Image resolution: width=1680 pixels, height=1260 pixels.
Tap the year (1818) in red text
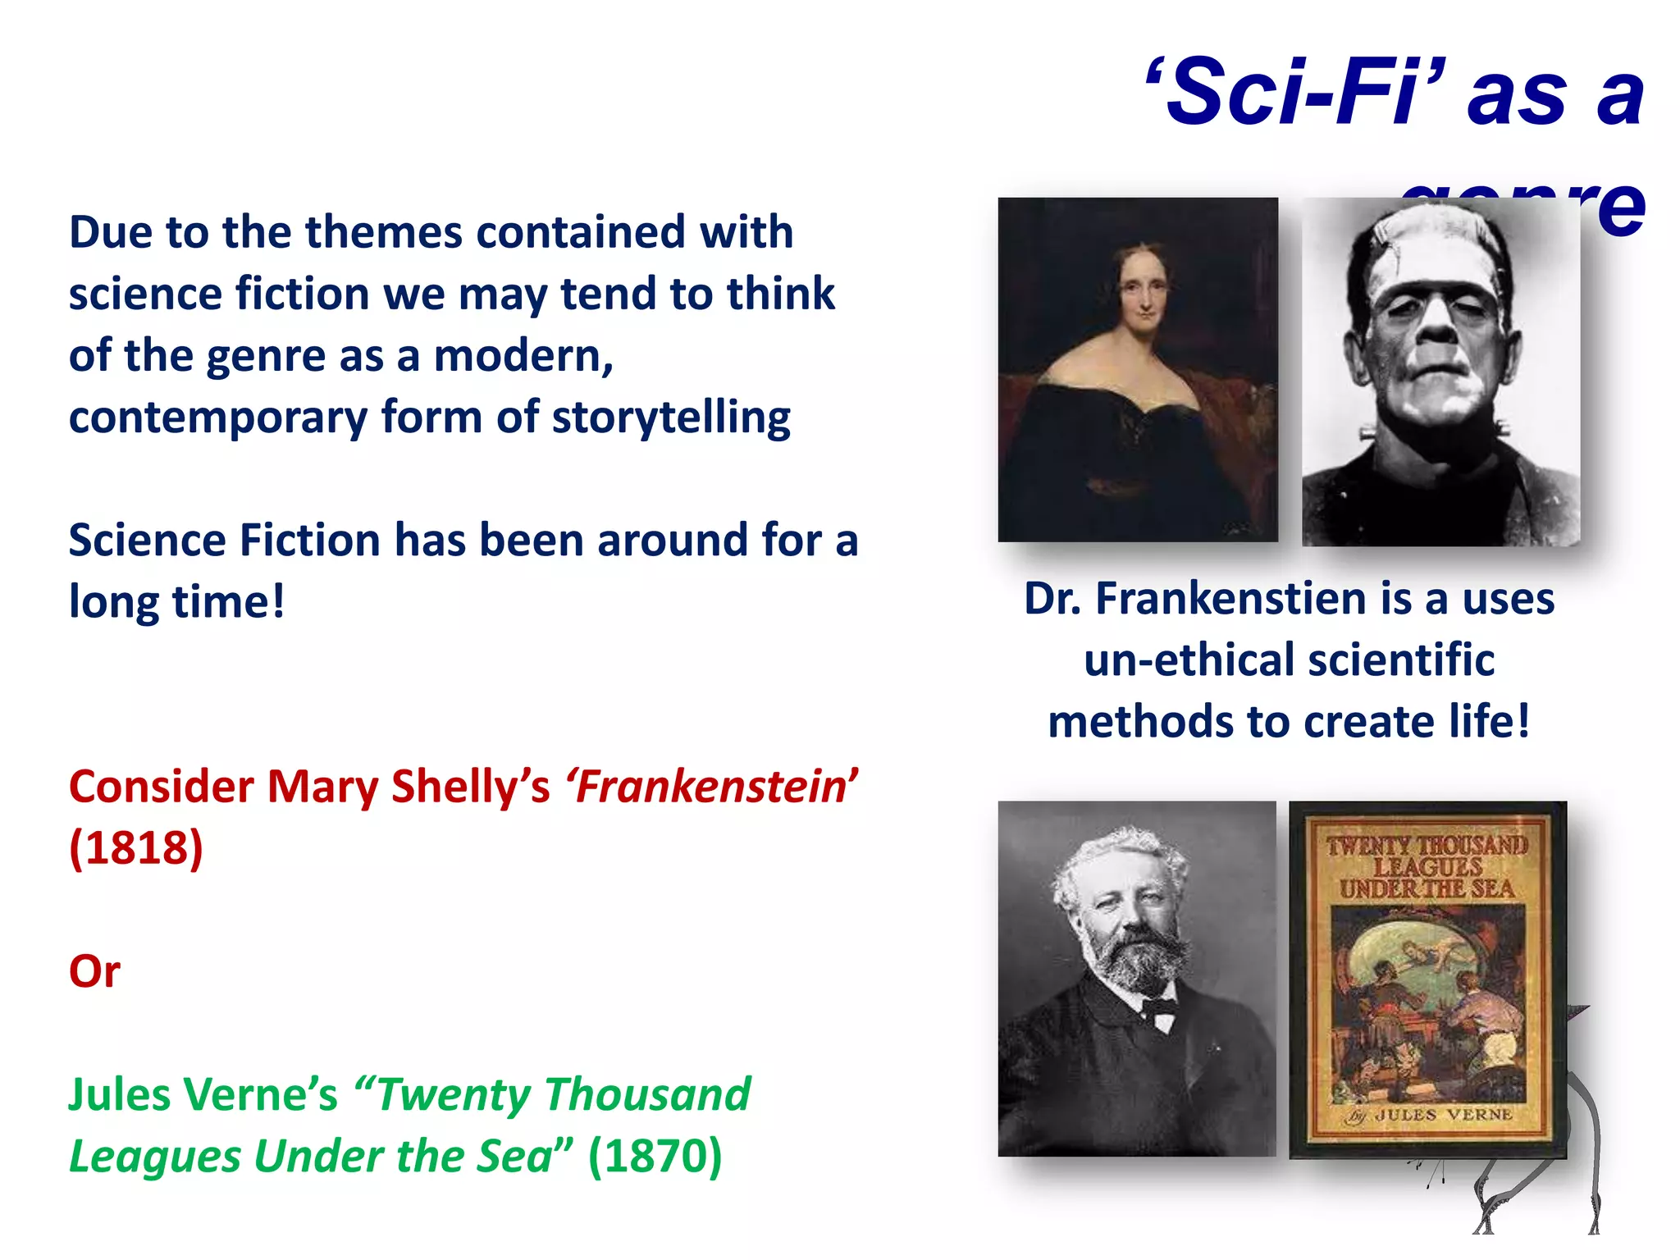[x=136, y=847]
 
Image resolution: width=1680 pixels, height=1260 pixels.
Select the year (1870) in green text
[x=655, y=1156]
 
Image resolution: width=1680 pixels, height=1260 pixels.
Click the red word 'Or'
[x=94, y=971]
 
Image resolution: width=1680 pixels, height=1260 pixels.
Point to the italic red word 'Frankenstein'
[x=711, y=786]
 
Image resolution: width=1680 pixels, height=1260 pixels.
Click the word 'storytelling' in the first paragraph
[x=671, y=418]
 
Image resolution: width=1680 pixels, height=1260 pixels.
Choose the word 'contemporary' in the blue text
[x=218, y=418]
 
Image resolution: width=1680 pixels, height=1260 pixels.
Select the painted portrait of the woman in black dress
[x=1137, y=369]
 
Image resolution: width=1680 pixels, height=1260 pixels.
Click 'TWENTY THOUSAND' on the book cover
[x=1427, y=845]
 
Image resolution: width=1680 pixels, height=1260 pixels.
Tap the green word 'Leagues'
[x=153, y=1156]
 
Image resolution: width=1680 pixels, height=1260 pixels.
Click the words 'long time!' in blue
[x=177, y=601]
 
